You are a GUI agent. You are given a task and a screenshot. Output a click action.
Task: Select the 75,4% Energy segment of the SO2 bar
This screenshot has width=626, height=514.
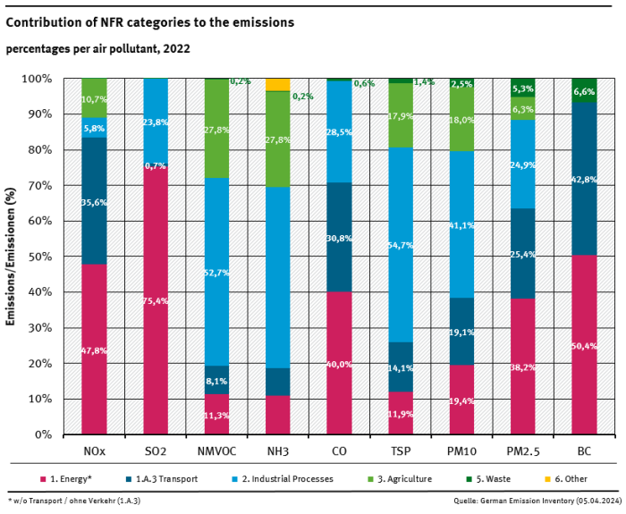click(156, 300)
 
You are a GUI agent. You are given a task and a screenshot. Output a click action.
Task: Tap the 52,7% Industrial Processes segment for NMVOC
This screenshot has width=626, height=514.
click(217, 272)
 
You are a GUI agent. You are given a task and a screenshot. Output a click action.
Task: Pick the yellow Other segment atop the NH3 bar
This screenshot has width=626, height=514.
click(278, 84)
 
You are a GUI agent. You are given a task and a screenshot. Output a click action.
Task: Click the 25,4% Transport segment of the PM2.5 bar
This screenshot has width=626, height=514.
click(522, 253)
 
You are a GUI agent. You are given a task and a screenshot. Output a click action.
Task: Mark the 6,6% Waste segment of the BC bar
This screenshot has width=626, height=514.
click(584, 90)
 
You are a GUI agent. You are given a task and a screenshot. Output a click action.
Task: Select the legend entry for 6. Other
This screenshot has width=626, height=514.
click(563, 479)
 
